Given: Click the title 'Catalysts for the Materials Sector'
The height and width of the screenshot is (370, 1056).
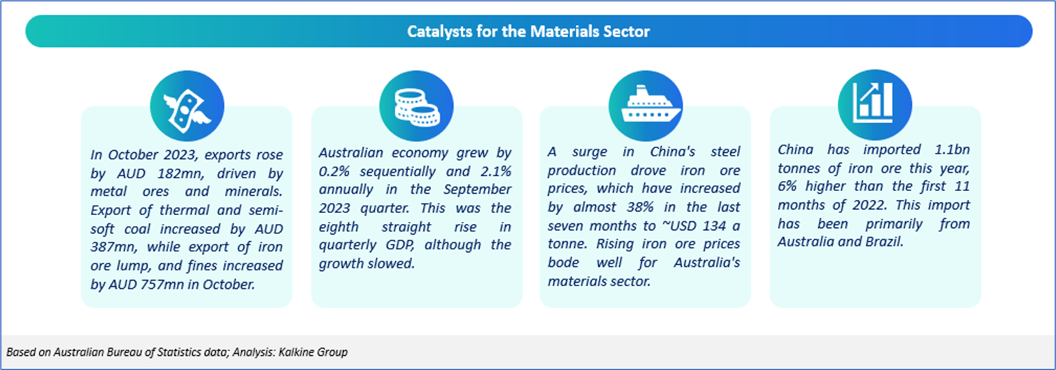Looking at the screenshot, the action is click(529, 32).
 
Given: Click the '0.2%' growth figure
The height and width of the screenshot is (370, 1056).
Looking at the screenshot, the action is click(334, 171).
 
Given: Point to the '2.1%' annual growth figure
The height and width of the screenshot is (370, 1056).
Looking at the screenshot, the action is click(496, 171).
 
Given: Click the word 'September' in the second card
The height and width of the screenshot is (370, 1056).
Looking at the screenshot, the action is click(477, 190).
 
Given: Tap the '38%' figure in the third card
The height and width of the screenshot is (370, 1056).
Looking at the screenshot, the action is click(640, 207).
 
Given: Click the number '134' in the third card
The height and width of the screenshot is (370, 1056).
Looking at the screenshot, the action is click(714, 226).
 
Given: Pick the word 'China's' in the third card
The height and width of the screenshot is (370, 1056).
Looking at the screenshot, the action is click(673, 151).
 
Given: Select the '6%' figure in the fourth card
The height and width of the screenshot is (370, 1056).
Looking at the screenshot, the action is click(787, 186).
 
